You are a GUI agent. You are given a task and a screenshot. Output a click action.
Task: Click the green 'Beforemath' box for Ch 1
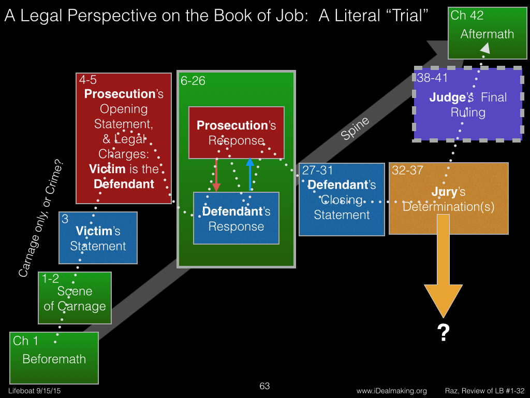coord(54,358)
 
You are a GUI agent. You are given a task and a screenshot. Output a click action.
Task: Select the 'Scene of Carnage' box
coord(75,298)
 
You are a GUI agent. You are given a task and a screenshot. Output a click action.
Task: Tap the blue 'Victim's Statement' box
coord(98,238)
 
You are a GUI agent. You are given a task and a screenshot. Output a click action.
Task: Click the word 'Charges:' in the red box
coord(124,154)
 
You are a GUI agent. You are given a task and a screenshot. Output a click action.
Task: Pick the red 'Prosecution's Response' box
coord(236,133)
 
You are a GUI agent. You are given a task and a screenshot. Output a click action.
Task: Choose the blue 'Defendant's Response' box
coord(236,218)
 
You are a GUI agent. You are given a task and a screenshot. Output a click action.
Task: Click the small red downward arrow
coord(216,175)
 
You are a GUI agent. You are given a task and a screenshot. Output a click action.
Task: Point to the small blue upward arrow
coord(250,174)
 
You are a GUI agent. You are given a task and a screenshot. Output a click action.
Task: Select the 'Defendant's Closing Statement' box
coord(342,200)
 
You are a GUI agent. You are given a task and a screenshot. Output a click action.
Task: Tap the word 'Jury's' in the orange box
coord(448,192)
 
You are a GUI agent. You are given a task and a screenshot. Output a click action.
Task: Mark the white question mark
coord(443,333)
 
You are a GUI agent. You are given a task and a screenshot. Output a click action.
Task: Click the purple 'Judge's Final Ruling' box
coord(468,104)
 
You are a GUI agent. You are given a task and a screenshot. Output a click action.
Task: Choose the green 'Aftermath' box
coord(487,33)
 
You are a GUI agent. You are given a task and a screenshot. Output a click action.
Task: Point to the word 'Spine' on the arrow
coord(355,129)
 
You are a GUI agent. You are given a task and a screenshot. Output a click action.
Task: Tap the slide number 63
coord(264,386)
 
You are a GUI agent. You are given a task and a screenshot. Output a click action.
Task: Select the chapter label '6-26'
coord(193,81)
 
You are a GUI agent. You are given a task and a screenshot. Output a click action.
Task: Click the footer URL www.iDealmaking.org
coord(392,391)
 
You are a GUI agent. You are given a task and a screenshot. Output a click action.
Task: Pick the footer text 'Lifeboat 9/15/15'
coord(35,391)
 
